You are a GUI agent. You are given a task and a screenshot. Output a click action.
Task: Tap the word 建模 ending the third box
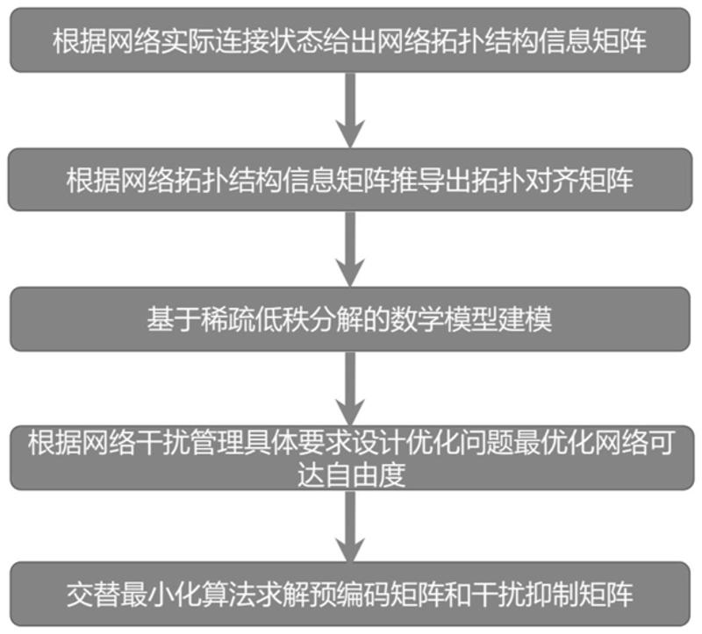[x=531, y=319]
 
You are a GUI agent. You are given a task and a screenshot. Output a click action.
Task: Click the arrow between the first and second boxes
[x=350, y=110]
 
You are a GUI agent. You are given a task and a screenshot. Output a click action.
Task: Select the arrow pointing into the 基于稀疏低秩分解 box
[x=350, y=249]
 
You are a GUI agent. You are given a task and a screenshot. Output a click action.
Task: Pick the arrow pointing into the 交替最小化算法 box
[x=350, y=526]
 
